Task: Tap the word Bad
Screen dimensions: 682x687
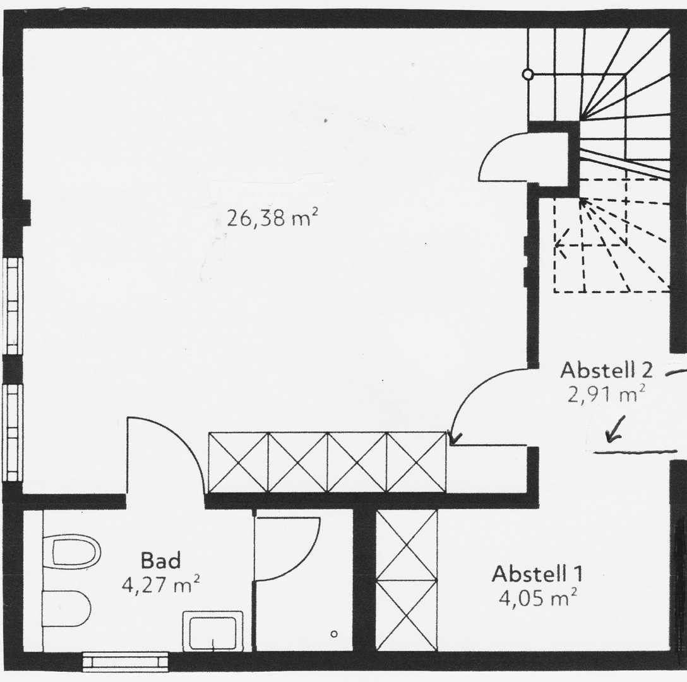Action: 160,560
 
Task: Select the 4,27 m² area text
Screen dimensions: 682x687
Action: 160,584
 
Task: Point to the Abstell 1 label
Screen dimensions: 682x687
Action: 537,574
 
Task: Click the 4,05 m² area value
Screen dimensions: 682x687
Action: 537,597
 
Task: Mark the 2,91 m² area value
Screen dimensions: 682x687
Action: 606,395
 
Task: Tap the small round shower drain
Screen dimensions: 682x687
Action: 334,633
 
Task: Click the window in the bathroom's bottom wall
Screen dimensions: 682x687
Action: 126,661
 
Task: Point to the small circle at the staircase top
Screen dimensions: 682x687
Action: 528,75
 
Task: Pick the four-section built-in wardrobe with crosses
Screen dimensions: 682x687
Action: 327,462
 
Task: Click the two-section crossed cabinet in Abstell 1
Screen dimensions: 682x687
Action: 407,580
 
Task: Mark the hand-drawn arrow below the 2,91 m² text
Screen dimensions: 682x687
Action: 612,429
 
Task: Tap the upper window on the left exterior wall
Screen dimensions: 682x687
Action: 13,306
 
